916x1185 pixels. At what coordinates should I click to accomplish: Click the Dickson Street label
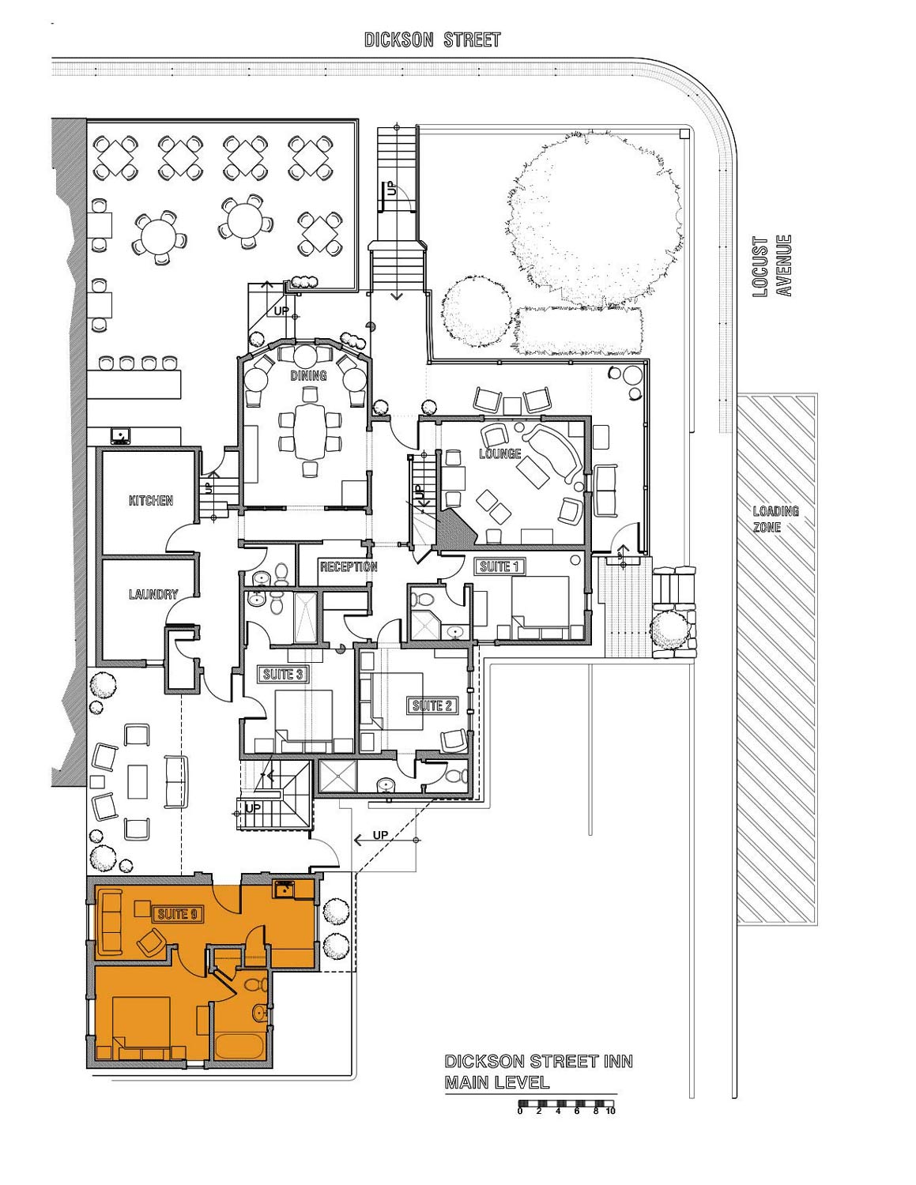click(x=432, y=39)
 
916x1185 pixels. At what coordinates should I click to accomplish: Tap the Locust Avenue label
click(x=771, y=266)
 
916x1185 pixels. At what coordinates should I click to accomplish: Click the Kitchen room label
click(x=151, y=500)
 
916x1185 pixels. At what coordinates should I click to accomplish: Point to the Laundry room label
click(x=153, y=594)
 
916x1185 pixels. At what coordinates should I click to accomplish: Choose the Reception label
click(x=349, y=566)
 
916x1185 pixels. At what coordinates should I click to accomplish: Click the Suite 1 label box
click(x=499, y=566)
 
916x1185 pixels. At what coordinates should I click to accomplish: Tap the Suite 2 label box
click(x=432, y=705)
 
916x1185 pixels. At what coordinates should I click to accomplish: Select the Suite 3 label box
click(x=283, y=675)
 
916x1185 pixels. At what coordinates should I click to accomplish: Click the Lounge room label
click(x=499, y=453)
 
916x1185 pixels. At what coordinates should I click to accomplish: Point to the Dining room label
click(x=308, y=375)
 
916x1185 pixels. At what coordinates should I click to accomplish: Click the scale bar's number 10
click(x=610, y=1111)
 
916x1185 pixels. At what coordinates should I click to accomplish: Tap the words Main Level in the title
click(x=497, y=1082)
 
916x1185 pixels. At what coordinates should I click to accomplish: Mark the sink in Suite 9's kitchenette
click(x=284, y=889)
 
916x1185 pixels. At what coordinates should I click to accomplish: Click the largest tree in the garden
click(x=595, y=219)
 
